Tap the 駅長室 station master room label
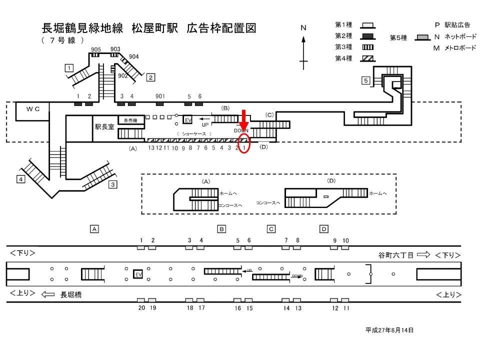104,127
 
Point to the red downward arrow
244,119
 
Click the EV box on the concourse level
188,120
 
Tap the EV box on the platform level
138,274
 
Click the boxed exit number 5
366,80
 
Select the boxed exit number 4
20,179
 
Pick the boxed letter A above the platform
93,229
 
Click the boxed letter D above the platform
324,229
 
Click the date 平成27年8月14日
389,330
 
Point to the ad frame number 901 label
160,96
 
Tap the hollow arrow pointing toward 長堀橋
48,294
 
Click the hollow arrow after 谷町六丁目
423,254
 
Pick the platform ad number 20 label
141,308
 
